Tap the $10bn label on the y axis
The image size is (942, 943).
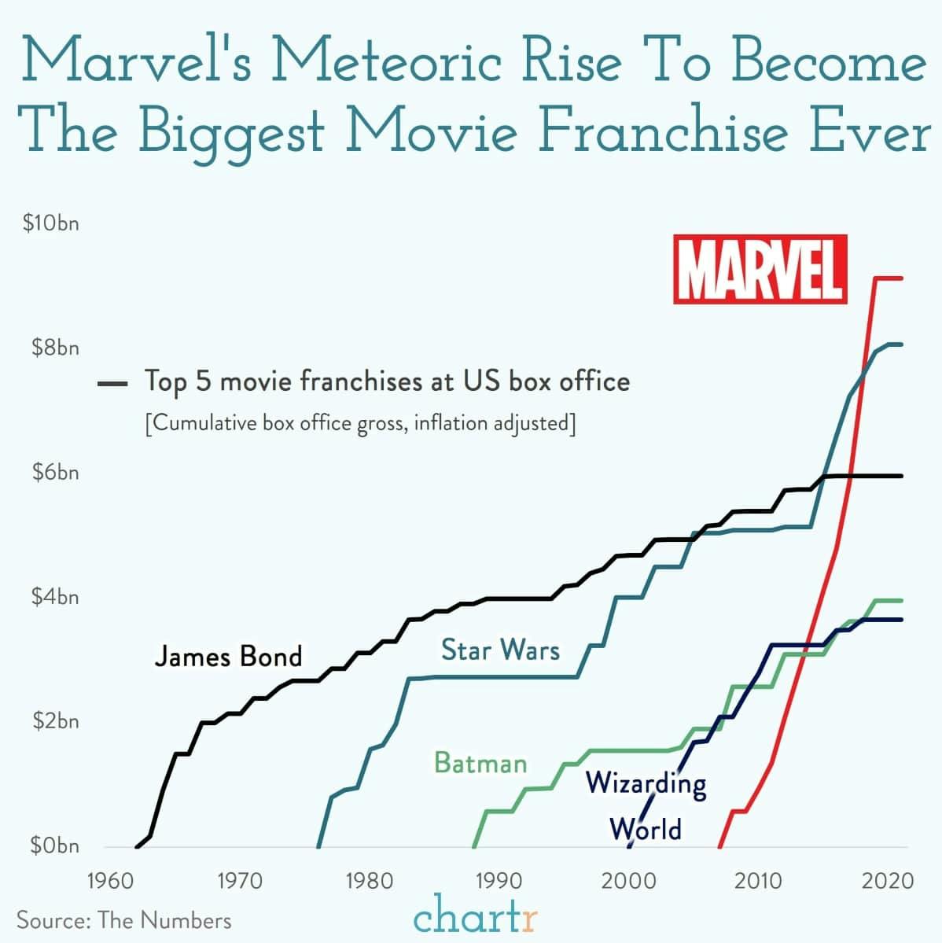click(51, 224)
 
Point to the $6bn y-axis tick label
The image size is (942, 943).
click(54, 473)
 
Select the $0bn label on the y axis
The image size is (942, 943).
click(54, 846)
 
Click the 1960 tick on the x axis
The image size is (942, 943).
click(109, 879)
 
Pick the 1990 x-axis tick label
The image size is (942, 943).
click(499, 879)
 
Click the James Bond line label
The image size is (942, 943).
click(228, 656)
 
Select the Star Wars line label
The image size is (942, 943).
click(500, 650)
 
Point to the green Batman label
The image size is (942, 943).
click(480, 763)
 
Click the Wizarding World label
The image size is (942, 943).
click(646, 805)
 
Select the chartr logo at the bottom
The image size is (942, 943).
click(475, 917)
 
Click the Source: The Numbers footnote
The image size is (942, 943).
click(124, 920)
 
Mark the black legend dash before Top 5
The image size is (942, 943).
click(112, 384)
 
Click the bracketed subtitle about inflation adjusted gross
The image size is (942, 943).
click(360, 424)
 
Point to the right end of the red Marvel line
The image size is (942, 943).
click(901, 278)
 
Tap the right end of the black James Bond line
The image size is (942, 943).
click(901, 476)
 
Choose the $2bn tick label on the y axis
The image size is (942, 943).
click(54, 721)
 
